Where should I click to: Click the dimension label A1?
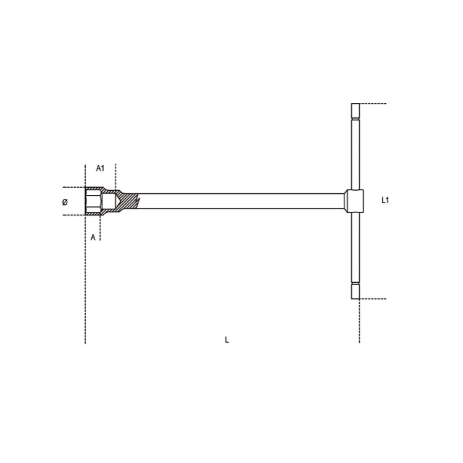(100, 168)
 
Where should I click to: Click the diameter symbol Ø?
(65, 202)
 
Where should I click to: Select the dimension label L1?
(385, 200)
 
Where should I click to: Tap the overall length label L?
(227, 340)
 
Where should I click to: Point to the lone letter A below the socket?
(93, 236)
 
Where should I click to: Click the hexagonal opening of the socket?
(93, 201)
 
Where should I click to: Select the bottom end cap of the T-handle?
(355, 291)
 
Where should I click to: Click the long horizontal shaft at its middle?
(241, 201)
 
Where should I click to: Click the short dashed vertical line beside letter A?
(100, 228)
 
